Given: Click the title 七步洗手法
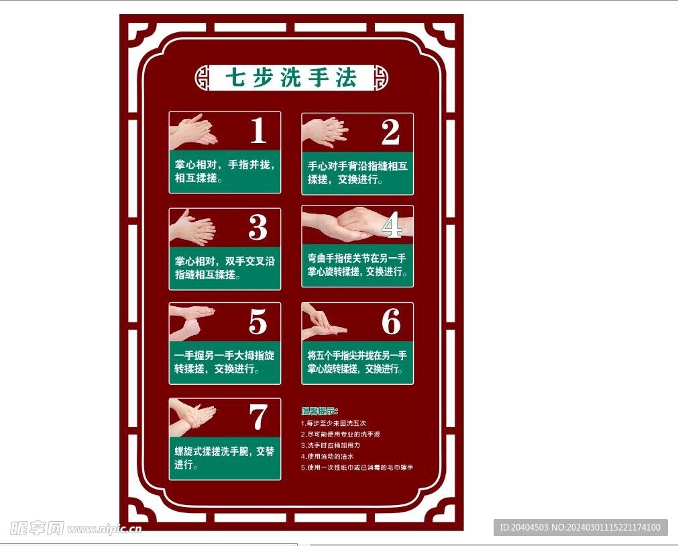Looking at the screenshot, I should pyautogui.click(x=291, y=78).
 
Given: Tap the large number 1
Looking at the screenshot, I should pyautogui.click(x=258, y=131).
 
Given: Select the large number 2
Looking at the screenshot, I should pyautogui.click(x=390, y=132).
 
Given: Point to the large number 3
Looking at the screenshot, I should pyautogui.click(x=258, y=228).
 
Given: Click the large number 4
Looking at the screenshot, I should pyautogui.click(x=392, y=225).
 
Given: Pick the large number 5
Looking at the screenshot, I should pyautogui.click(x=258, y=322).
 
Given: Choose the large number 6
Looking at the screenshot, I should pyautogui.click(x=391, y=322).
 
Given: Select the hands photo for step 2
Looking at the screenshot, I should pyautogui.click(x=325, y=132).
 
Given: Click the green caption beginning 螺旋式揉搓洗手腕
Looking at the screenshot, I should pyautogui.click(x=224, y=457).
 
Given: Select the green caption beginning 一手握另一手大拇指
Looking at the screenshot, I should pyautogui.click(x=224, y=362).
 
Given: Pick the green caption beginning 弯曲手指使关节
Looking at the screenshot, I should pyautogui.click(x=357, y=265).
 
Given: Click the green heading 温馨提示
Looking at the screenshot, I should pyautogui.click(x=320, y=411).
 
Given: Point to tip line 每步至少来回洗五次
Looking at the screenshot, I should pyautogui.click(x=334, y=424).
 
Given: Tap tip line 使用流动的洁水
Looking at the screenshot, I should pyautogui.click(x=328, y=456).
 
